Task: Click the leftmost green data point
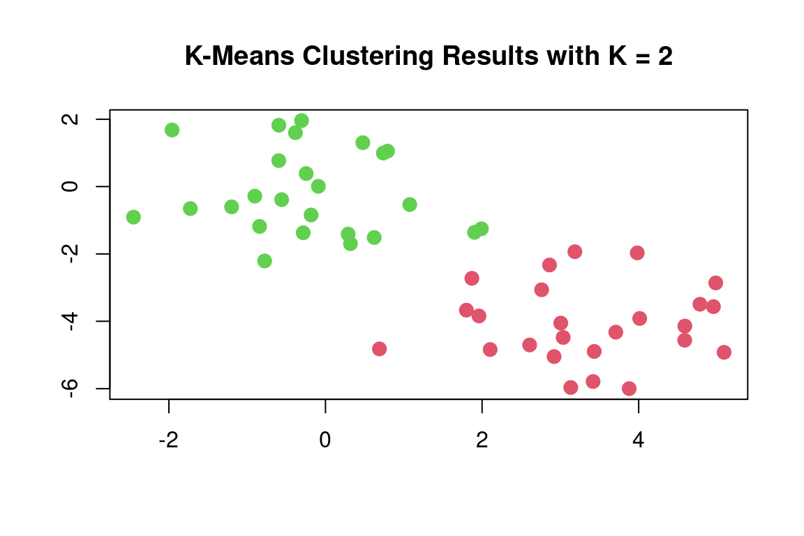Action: [133, 217]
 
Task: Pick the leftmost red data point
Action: [379, 349]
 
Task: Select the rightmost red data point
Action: [724, 352]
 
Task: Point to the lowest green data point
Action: [265, 261]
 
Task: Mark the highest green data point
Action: [301, 121]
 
